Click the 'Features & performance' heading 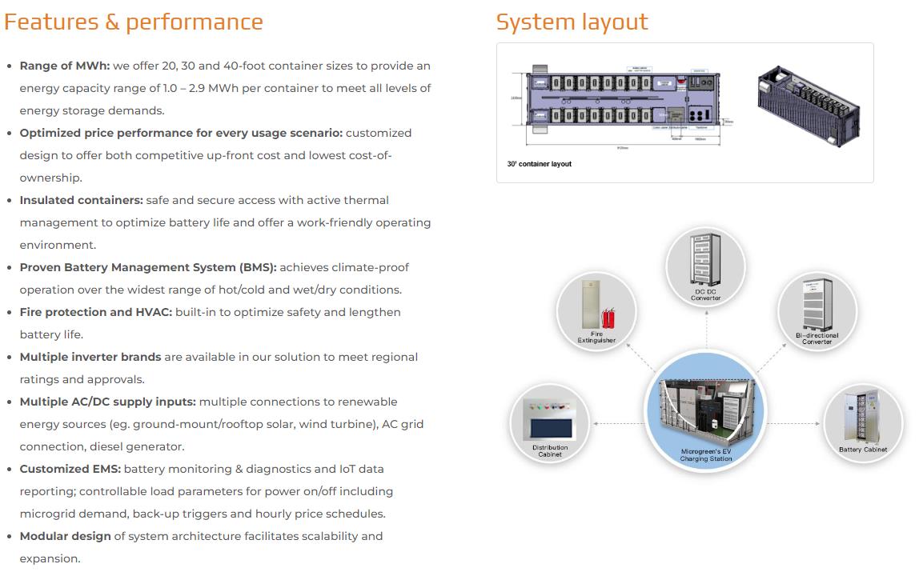point(133,22)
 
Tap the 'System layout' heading point(572,22)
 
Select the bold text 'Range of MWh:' point(65,66)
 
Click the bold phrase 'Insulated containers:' point(81,200)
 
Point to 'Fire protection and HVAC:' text point(95,312)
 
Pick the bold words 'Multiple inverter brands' point(90,357)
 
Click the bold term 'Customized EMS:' point(70,469)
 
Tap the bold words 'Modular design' point(65,536)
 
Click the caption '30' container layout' point(540,164)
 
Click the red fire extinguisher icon point(608,320)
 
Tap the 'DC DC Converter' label point(706,295)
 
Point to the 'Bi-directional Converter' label point(817,338)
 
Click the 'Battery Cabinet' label point(863,450)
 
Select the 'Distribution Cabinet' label point(550,451)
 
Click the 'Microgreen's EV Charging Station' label point(706,454)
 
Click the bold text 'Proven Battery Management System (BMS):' point(147,267)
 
